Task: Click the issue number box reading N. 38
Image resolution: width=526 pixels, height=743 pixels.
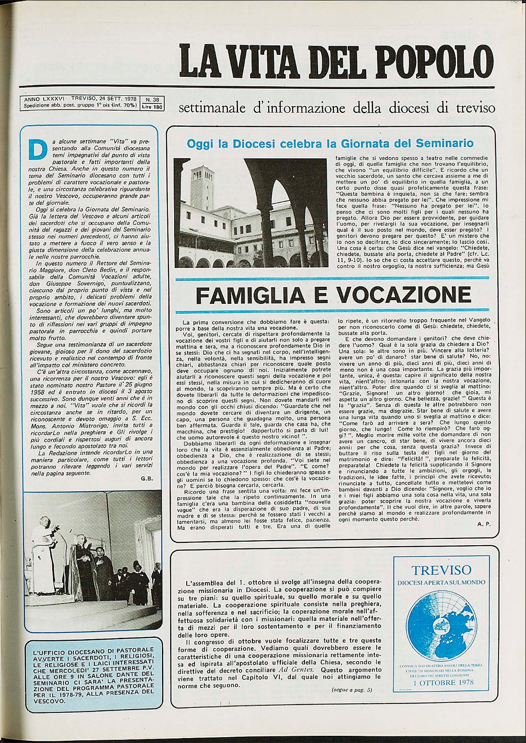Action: [x=152, y=100]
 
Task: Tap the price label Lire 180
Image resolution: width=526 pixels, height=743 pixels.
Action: [x=152, y=107]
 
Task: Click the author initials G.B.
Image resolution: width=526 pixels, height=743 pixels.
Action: [x=147, y=479]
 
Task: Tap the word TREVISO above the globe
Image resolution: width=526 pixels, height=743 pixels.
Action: [x=441, y=570]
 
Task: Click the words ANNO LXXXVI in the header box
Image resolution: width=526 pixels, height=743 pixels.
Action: [x=45, y=98]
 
